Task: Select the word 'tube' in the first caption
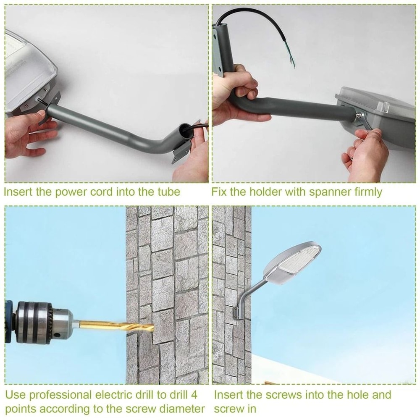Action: (x=168, y=192)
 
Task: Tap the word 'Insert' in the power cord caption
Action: (x=19, y=192)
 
